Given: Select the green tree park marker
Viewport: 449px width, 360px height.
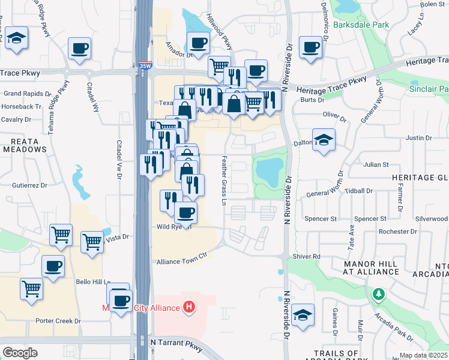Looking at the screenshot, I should click(x=379, y=294).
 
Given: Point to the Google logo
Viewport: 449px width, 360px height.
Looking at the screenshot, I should click(x=20, y=353).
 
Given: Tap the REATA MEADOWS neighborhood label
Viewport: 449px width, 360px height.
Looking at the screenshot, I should click(x=25, y=145).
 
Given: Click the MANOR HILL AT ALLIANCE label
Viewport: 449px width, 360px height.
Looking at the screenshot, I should click(x=370, y=268).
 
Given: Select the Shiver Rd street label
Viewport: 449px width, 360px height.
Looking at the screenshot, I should click(x=307, y=256).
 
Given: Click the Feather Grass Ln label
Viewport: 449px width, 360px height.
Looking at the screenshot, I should click(x=224, y=180).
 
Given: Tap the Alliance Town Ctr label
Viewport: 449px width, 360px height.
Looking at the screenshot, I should click(x=181, y=262).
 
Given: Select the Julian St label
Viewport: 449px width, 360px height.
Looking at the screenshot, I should click(x=376, y=164).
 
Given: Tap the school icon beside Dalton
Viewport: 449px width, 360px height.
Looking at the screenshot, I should click(x=324, y=140).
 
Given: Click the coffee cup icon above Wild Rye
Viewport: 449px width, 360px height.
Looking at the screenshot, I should click(x=185, y=211).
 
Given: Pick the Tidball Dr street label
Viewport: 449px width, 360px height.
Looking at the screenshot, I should click(x=360, y=191).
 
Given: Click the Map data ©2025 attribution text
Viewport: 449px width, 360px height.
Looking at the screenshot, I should click(x=424, y=355).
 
